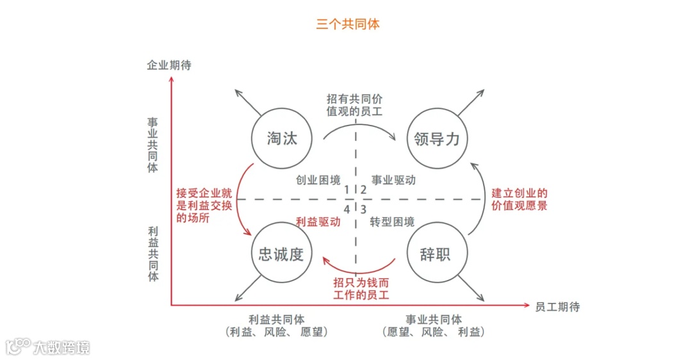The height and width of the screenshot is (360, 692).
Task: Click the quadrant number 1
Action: click(347, 189)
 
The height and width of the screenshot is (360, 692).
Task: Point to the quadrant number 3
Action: click(363, 209)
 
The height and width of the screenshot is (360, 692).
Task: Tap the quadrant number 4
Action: click(347, 209)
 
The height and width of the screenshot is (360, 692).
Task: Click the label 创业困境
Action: click(318, 180)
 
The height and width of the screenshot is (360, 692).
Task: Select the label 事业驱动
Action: click(393, 180)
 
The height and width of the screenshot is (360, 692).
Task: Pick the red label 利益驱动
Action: click(318, 222)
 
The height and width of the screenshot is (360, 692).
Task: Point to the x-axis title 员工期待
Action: click(557, 307)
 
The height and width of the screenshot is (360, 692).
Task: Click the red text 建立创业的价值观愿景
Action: click(520, 199)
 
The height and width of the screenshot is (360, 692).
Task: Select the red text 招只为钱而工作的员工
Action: click(361, 288)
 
